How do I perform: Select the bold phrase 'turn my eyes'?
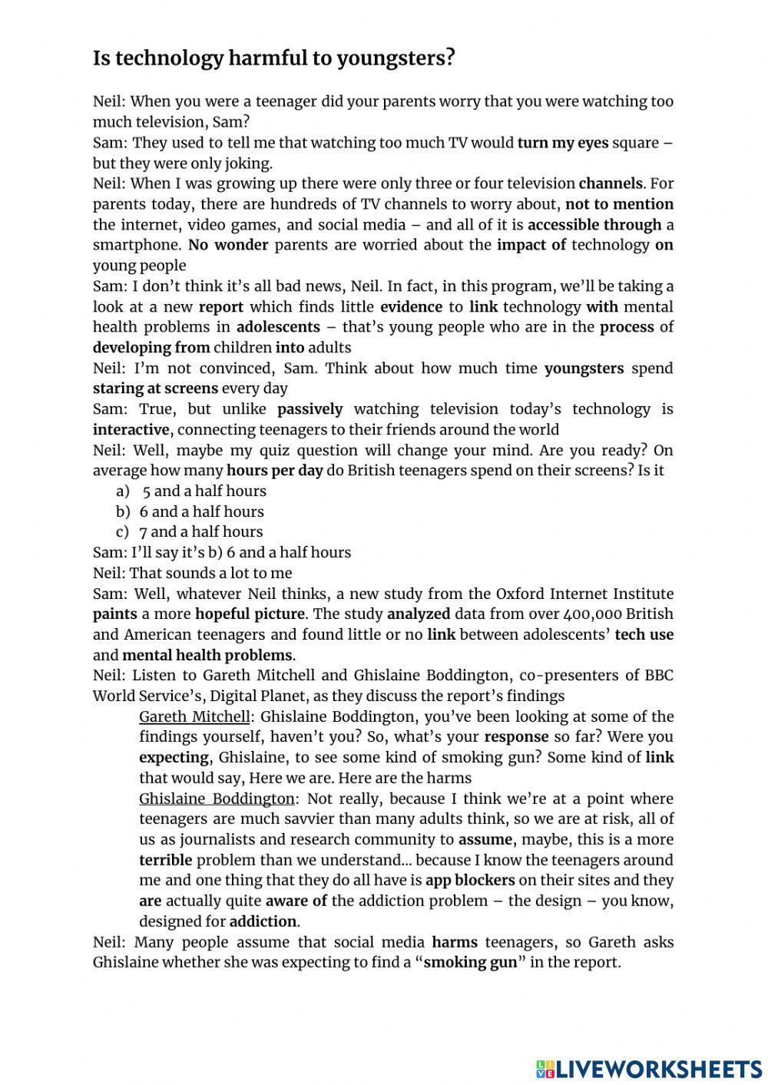562,143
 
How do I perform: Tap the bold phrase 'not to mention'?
619,204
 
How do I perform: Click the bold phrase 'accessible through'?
594,225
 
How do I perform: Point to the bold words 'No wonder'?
228,245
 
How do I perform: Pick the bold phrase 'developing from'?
151,348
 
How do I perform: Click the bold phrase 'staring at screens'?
156,389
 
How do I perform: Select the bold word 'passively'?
310,409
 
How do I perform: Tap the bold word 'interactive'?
131,430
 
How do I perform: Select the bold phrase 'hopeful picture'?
250,614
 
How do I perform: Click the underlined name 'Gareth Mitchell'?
194,716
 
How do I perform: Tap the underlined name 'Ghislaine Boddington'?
217,799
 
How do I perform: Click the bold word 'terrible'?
165,860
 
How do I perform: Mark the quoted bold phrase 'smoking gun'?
470,963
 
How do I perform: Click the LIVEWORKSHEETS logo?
649,1069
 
